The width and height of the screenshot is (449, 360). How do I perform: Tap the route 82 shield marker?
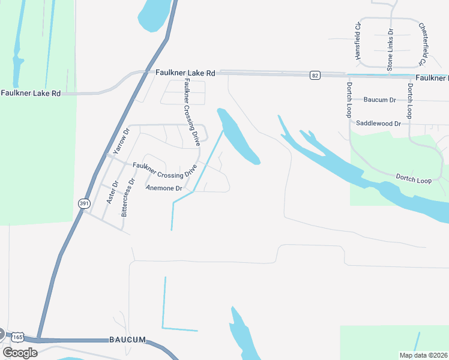[x=315, y=75]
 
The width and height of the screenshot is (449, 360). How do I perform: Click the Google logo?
[x=20, y=353]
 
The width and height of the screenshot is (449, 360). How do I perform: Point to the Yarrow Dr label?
[x=121, y=142]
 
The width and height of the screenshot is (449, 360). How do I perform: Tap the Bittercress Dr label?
[x=128, y=197]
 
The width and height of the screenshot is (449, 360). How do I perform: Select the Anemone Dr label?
[x=164, y=188]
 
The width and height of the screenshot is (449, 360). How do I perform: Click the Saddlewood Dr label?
[x=378, y=123]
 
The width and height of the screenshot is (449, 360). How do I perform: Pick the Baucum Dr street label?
[x=380, y=100]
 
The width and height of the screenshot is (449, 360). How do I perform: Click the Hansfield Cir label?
[x=358, y=41]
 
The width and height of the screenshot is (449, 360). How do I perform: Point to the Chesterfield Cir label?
[x=423, y=44]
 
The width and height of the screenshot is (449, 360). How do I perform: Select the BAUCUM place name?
[x=127, y=340]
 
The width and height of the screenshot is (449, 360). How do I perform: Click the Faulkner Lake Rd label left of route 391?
[x=31, y=93]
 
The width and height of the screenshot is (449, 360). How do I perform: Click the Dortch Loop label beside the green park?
[x=414, y=178]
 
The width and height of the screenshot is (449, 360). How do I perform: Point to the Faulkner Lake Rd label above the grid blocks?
[x=185, y=73]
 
